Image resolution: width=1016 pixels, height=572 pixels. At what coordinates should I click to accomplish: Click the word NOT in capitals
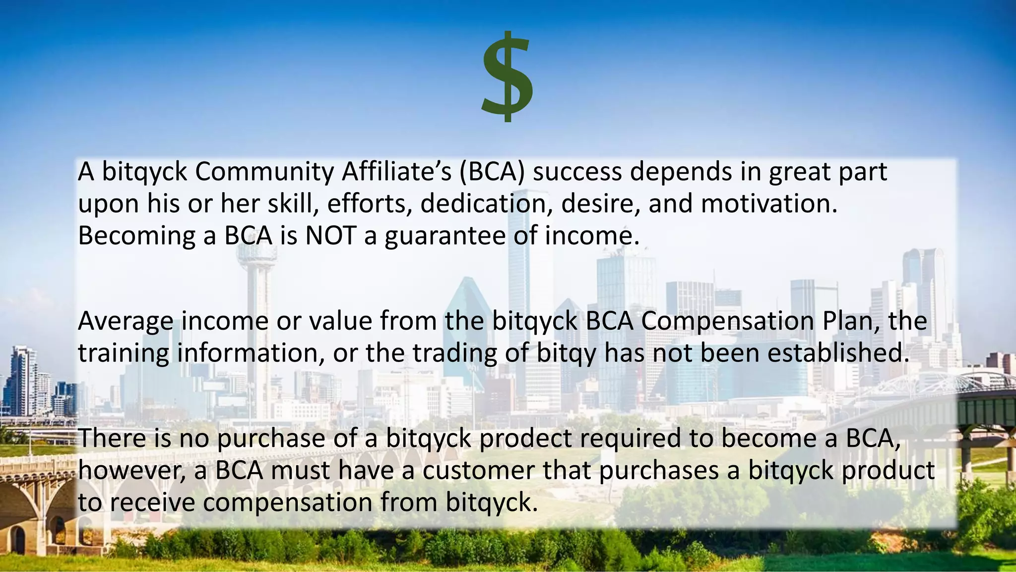tap(330, 235)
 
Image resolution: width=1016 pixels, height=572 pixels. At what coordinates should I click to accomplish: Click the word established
tap(838, 353)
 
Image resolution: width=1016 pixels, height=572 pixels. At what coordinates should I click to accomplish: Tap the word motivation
tap(768, 204)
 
